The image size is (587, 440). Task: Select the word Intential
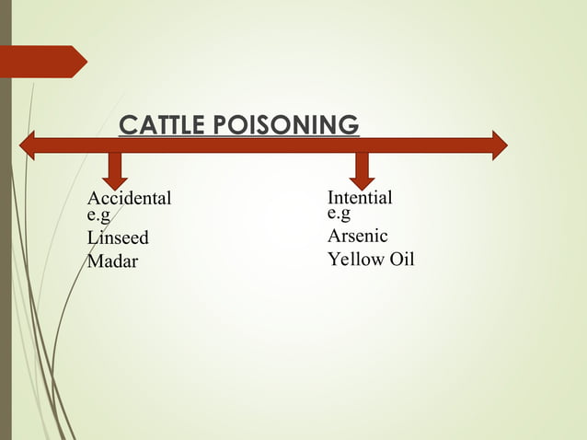click(x=360, y=198)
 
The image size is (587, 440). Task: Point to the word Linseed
click(x=117, y=238)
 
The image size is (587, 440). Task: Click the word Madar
click(x=112, y=261)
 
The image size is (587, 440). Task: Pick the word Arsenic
click(x=358, y=237)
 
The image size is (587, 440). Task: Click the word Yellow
click(x=354, y=260)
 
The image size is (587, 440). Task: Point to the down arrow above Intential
click(x=361, y=168)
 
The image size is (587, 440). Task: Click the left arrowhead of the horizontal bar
click(x=28, y=145)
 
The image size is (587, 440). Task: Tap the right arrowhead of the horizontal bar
click(x=499, y=145)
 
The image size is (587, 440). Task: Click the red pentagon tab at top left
click(x=46, y=62)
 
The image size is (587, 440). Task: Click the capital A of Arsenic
click(x=334, y=237)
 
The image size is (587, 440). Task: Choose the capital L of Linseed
click(x=92, y=238)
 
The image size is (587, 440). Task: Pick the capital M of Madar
click(x=94, y=261)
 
